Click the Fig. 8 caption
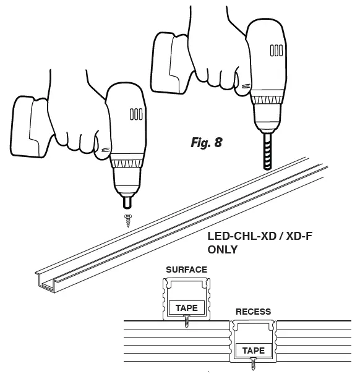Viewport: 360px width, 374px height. (206, 143)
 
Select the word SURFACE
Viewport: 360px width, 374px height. (186, 270)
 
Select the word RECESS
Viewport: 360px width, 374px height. (253, 312)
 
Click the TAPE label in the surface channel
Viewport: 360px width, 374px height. (186, 307)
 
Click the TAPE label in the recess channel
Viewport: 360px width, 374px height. (253, 351)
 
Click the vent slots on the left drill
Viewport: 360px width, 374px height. (136, 114)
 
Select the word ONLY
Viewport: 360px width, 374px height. (223, 251)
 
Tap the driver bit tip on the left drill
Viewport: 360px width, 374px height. (128, 202)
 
